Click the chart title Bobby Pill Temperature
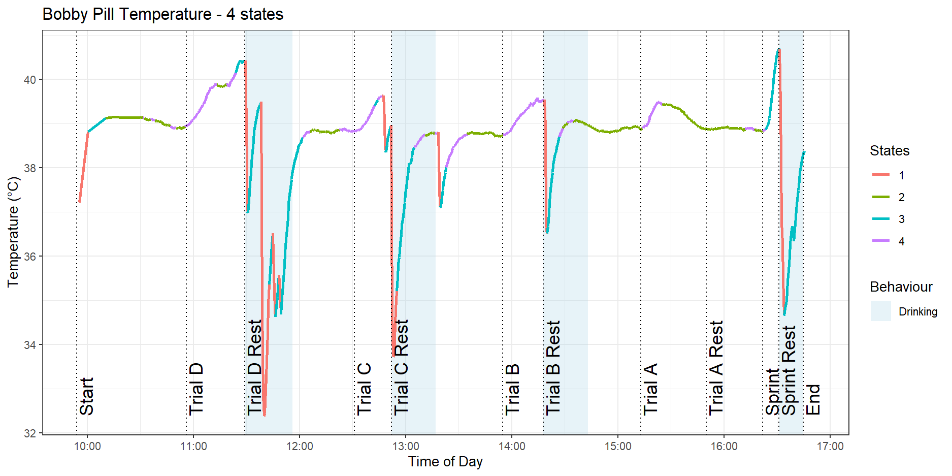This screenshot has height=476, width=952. click(162, 14)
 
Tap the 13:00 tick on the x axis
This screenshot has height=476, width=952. click(406, 447)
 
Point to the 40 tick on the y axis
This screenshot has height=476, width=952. click(29, 80)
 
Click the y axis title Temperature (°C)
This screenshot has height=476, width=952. click(13, 232)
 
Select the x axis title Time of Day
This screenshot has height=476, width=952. click(445, 462)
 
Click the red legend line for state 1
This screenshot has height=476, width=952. click(881, 175)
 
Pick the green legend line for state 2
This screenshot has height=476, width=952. click(881, 197)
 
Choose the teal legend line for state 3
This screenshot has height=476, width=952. click(881, 219)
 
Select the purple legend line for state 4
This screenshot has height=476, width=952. click(881, 241)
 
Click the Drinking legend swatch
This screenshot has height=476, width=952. click(881, 311)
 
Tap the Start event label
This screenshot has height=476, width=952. click(87, 396)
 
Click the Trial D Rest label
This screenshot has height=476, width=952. click(254, 367)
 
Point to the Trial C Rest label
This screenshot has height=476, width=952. click(401, 367)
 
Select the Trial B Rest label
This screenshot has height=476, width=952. click(553, 367)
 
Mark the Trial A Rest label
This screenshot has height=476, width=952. click(716, 367)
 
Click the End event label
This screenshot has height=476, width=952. click(813, 399)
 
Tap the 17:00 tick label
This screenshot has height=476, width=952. click(830, 447)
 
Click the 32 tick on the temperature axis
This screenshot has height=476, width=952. click(29, 433)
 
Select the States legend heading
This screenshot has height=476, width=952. click(890, 151)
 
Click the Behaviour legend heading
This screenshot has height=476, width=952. click(901, 287)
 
